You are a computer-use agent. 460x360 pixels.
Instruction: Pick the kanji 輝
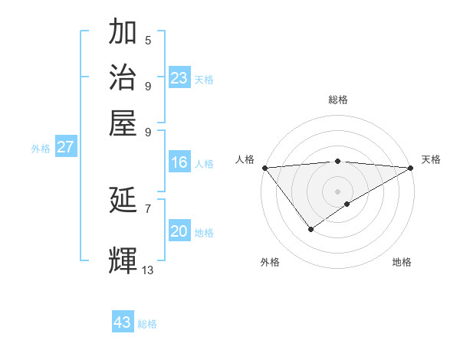point(123,260)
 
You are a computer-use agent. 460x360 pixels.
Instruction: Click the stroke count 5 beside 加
point(148,41)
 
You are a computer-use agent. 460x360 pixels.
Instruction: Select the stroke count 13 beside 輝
point(148,270)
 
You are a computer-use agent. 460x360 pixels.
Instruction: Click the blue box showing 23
point(179,77)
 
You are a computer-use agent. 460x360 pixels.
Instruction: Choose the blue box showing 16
point(179,162)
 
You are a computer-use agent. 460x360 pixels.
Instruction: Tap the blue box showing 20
point(179,231)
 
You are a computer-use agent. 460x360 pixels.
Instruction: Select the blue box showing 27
point(64,147)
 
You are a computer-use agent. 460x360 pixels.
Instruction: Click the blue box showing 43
point(122,322)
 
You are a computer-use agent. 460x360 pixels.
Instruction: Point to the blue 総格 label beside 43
point(147,324)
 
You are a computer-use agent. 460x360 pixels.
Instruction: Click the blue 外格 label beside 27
point(40,149)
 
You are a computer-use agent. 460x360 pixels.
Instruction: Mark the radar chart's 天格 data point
point(411,168)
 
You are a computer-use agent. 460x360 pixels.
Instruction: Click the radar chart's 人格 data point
point(264,168)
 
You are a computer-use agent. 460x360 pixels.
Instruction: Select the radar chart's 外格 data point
point(310,228)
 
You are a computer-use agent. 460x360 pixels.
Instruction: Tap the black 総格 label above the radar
point(338,100)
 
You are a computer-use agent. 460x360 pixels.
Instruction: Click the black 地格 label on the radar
point(402,263)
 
